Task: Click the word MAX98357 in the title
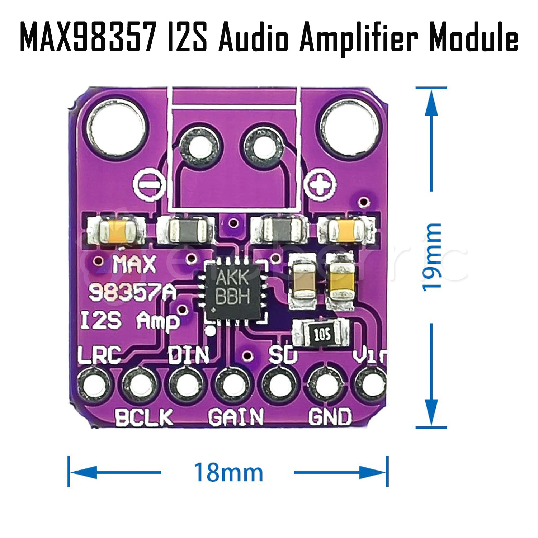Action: point(88,37)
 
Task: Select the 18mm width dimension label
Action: point(228,472)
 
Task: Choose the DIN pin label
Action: point(188,355)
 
